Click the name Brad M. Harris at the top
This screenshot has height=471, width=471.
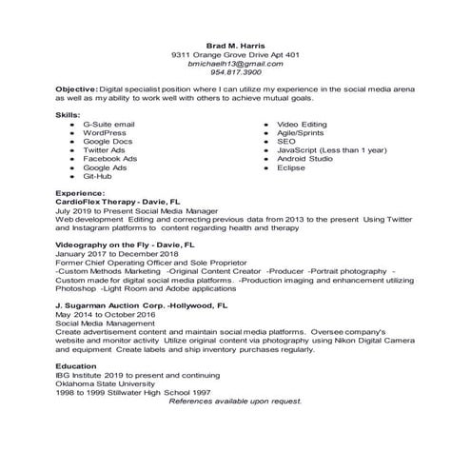(236, 45)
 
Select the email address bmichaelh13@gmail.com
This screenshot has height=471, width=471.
(236, 63)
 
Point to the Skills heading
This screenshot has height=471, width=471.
(69, 114)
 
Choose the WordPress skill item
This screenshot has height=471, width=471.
(106, 132)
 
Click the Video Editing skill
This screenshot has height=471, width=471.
(302, 124)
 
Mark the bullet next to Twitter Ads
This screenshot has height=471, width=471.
(71, 149)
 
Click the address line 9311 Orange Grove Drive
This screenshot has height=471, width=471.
(235, 54)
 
